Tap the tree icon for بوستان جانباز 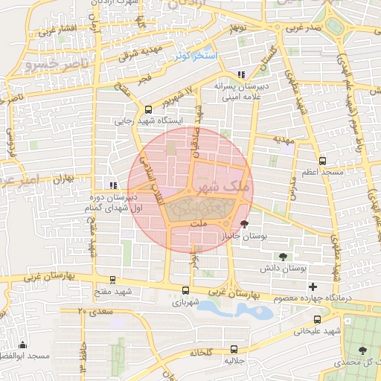(244, 223)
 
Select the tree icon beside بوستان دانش (282, 256)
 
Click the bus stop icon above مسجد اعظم (322, 160)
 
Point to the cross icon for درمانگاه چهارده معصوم (313, 286)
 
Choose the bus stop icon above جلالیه (234, 348)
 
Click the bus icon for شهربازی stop (185, 291)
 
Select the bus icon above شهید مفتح (112, 281)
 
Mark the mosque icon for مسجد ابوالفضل (23, 345)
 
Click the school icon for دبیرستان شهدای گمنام (112, 185)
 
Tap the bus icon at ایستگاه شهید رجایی (148, 108)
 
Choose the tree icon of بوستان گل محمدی (362, 349)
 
